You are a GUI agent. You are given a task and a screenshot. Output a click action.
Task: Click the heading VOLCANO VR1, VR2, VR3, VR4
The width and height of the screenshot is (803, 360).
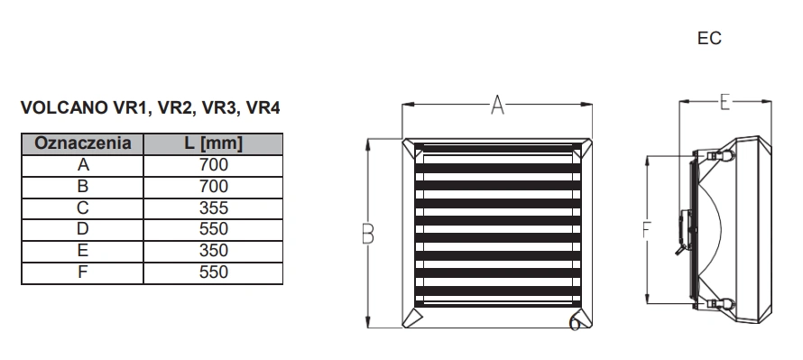point(150,108)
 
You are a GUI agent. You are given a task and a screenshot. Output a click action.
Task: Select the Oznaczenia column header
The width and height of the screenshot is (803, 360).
point(82,143)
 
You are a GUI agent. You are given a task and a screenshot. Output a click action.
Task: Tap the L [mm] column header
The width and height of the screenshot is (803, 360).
point(213,143)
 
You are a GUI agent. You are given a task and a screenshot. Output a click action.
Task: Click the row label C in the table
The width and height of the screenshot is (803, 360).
point(82,208)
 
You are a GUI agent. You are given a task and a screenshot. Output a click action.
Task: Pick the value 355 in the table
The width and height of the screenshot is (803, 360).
point(214,208)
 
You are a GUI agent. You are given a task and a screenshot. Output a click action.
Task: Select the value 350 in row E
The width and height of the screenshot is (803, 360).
point(214,251)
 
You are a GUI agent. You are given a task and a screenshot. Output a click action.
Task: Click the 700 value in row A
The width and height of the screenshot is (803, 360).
point(214,165)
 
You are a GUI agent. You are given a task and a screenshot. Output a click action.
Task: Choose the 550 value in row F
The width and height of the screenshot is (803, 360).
point(214,272)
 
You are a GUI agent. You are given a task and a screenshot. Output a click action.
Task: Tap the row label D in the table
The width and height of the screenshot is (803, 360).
point(82,229)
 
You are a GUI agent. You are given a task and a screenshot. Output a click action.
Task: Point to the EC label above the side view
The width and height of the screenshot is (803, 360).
point(709,39)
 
